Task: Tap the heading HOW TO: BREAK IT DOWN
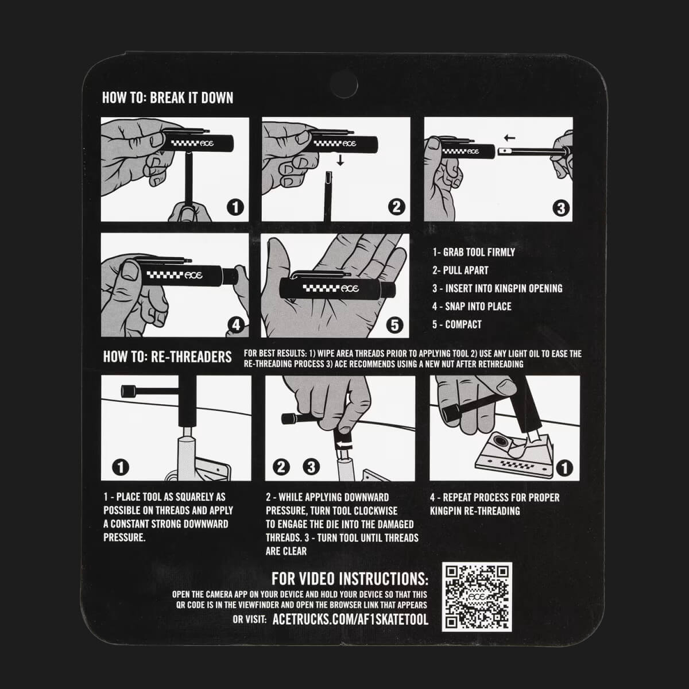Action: (x=168, y=98)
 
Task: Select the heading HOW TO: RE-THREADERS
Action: (x=167, y=357)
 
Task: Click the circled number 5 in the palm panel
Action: (x=394, y=325)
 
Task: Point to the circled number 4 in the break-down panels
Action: (x=236, y=325)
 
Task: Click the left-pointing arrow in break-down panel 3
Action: (x=509, y=138)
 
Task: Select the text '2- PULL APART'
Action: (x=460, y=270)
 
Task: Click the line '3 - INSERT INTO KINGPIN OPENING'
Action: (x=497, y=288)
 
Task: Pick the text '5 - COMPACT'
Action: (x=456, y=324)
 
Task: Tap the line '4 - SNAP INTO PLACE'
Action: (x=471, y=307)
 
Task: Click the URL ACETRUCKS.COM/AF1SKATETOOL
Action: (x=350, y=620)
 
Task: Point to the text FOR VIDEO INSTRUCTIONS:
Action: (x=349, y=579)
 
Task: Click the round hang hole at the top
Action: (x=343, y=85)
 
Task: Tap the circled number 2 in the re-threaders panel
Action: (x=281, y=467)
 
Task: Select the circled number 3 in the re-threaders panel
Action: (x=311, y=467)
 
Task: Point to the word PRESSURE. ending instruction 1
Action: (x=125, y=537)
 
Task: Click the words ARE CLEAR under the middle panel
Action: (x=286, y=551)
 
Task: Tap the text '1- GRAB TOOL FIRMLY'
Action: (x=473, y=252)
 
